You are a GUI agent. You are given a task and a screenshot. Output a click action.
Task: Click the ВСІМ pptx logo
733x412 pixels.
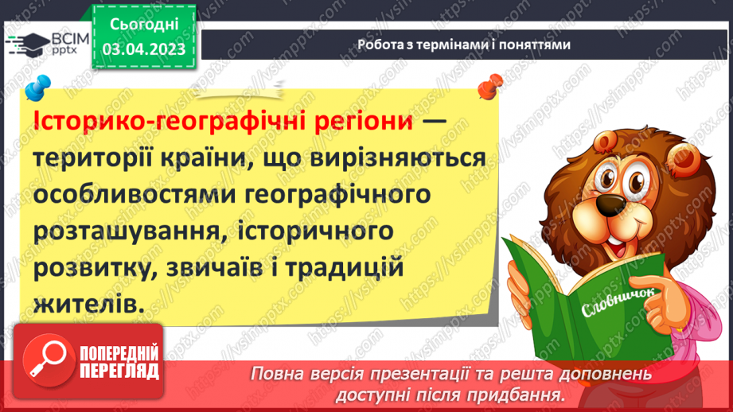tap(49, 44)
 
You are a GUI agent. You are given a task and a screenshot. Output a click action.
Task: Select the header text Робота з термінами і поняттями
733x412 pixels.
tap(464, 45)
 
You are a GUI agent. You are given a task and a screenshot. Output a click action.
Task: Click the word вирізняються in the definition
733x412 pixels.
tap(401, 159)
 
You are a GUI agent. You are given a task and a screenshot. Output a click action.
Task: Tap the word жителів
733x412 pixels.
tap(91, 304)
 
